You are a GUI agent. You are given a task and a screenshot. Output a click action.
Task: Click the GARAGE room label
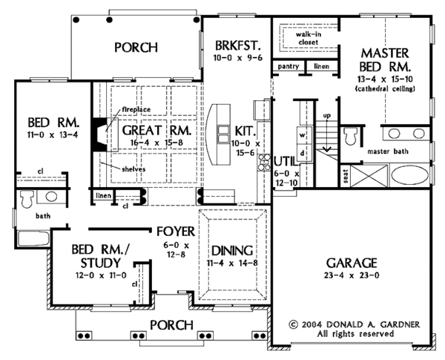[x=352, y=263]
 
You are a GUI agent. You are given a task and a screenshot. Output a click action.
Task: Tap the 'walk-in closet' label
[x=309, y=39]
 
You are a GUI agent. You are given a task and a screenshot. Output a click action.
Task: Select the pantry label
[x=288, y=67]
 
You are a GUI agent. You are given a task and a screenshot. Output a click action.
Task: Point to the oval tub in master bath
[x=410, y=174]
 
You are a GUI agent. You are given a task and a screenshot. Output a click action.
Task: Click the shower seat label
[x=346, y=176]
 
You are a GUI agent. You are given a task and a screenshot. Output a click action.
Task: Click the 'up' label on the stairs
[x=327, y=116]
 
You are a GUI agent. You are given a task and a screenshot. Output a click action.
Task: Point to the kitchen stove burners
[x=264, y=162]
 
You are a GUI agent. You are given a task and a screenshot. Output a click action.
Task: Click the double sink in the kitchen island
[x=223, y=134]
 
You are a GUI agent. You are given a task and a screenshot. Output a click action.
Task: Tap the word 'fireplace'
[x=136, y=109]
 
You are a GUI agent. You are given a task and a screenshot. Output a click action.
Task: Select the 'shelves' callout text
[x=133, y=169]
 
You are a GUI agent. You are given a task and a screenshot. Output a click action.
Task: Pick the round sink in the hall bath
[x=51, y=197]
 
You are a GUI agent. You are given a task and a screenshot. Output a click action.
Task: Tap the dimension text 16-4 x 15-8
[x=156, y=143]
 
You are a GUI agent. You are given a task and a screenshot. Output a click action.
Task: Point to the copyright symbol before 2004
[x=294, y=324]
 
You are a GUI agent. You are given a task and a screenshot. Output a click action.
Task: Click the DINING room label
[x=232, y=251]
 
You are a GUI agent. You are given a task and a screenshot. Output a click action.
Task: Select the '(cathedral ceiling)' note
[x=385, y=88]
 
